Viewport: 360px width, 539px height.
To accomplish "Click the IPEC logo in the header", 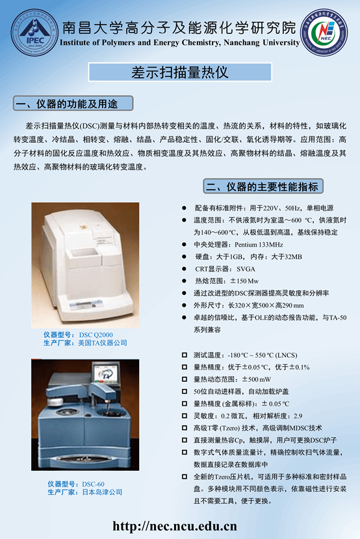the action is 34,33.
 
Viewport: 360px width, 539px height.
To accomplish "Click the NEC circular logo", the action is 324,32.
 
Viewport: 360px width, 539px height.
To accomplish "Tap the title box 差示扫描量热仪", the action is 180,72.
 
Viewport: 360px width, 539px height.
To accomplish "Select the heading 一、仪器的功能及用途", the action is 73,103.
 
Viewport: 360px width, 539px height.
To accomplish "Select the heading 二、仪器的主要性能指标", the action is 263,186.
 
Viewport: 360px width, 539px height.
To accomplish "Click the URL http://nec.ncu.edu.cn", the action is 175,526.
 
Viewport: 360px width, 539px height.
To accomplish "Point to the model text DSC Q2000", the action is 96,335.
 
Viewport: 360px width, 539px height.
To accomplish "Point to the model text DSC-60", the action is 93,484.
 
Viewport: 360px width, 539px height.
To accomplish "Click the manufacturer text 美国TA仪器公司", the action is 103,343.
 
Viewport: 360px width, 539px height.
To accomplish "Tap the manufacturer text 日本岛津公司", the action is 102,492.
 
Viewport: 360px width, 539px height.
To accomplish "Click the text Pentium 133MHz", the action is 259,244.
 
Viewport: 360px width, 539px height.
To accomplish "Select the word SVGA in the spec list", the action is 246,269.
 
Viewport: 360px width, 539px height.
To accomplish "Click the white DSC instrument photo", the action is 85,265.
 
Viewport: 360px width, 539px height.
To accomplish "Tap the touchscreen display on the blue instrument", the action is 105,374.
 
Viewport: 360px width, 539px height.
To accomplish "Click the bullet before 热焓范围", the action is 185,281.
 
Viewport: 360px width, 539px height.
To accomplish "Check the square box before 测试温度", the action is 185,355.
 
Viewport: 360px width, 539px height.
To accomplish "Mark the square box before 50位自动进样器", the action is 185,391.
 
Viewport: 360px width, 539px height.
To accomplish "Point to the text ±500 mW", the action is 257,379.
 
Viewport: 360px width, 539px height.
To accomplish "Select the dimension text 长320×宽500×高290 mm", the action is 266,305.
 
